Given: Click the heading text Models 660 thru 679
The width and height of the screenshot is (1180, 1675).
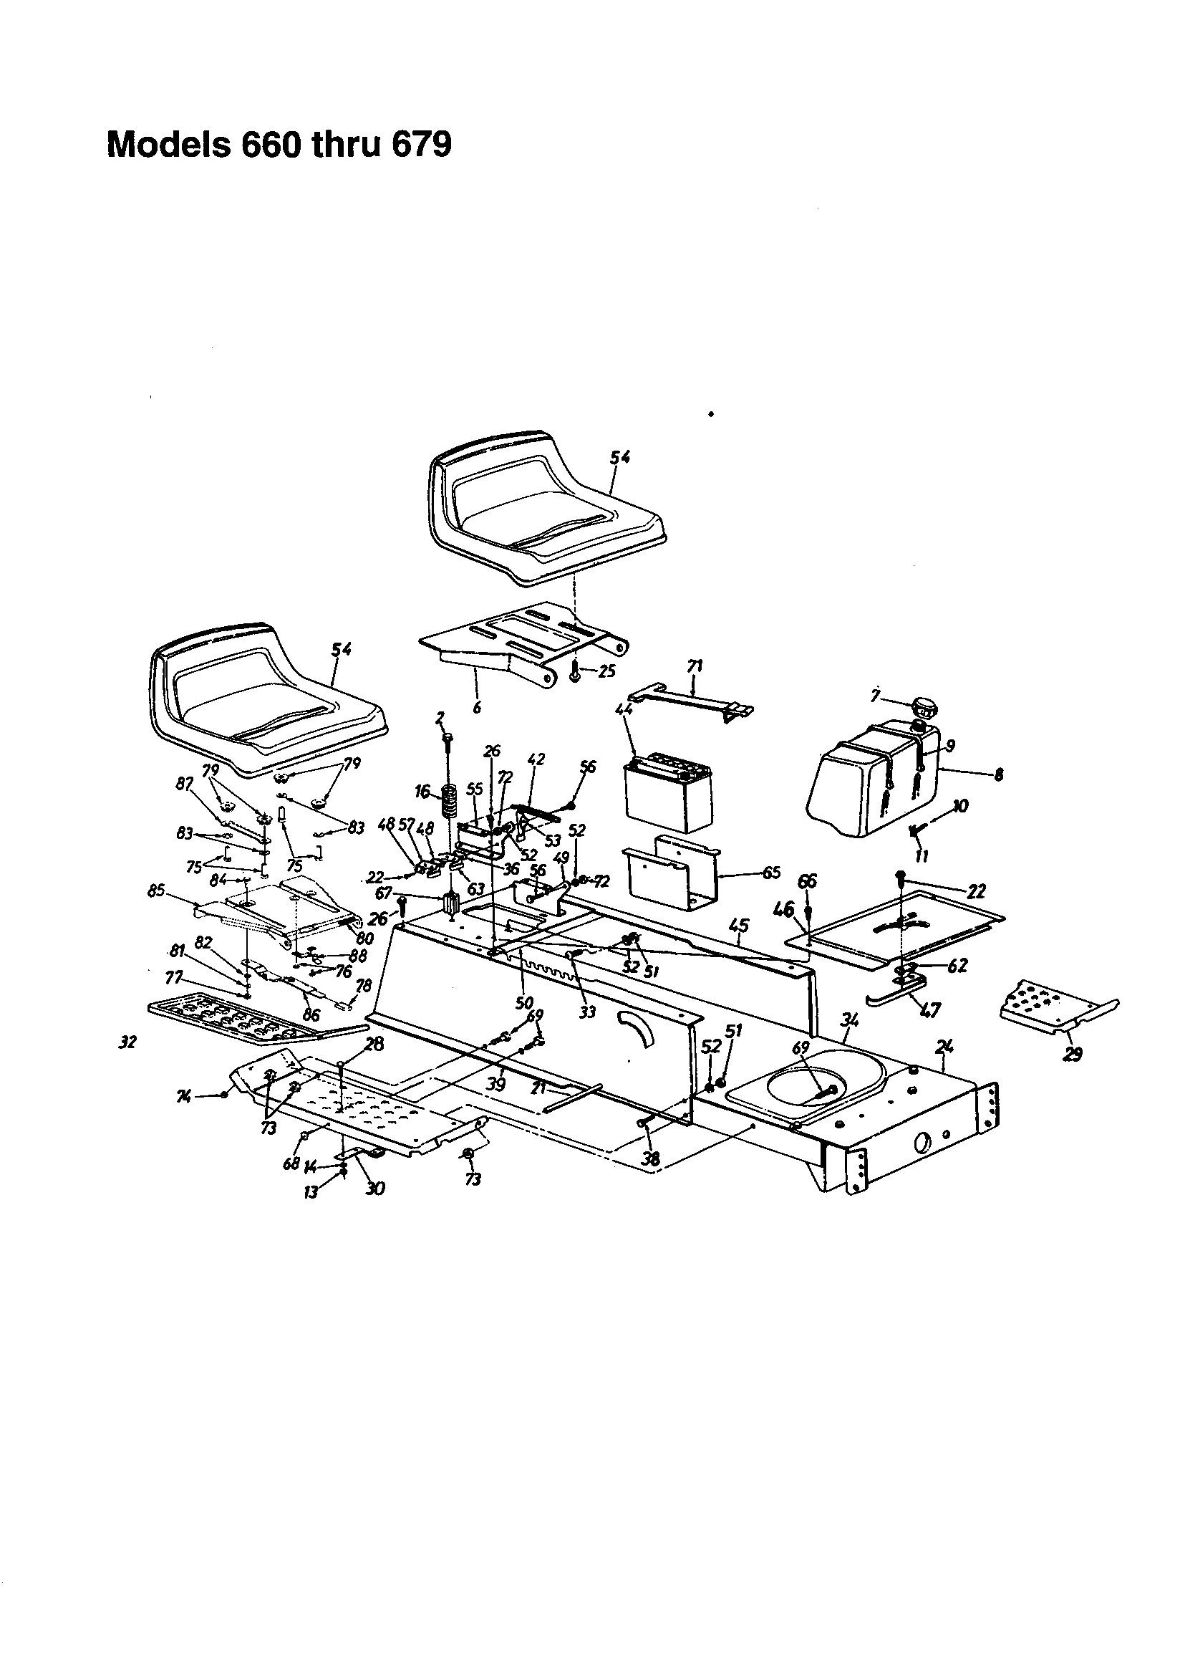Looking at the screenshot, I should pyautogui.click(x=279, y=145).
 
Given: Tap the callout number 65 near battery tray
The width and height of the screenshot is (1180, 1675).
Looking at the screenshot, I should pyautogui.click(x=771, y=873).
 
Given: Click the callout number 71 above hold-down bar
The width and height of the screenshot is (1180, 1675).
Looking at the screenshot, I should pyautogui.click(x=695, y=666).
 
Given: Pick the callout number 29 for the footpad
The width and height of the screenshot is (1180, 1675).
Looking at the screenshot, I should pyautogui.click(x=1073, y=1053).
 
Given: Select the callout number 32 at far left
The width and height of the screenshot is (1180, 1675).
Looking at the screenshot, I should pyautogui.click(x=127, y=1042).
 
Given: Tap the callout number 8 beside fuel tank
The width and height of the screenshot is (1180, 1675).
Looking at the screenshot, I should pyautogui.click(x=998, y=775).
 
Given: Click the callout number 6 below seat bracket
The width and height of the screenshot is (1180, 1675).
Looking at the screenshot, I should pyautogui.click(x=477, y=706).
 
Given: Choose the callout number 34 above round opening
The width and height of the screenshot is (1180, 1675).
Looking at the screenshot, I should pyautogui.click(x=849, y=1038).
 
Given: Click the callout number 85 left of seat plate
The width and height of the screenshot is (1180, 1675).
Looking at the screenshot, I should pyautogui.click(x=156, y=890).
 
